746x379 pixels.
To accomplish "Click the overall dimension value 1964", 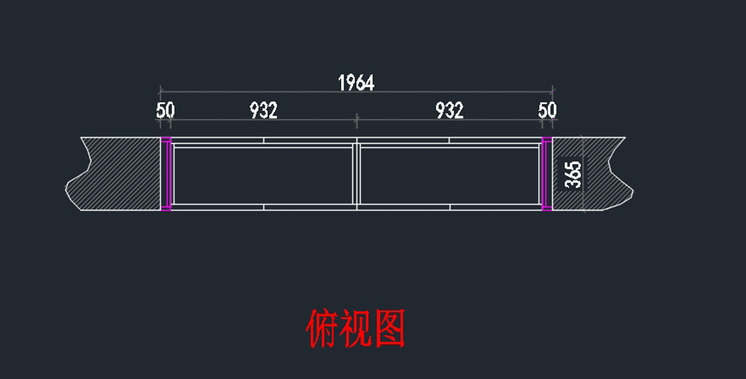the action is click(x=356, y=83).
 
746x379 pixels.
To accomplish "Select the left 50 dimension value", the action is click(x=165, y=111).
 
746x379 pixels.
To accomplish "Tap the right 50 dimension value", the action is click(x=547, y=111).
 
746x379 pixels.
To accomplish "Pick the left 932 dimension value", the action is click(x=264, y=111).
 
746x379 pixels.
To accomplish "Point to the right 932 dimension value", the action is click(x=449, y=111).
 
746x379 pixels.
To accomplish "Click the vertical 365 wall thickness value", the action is click(x=573, y=174).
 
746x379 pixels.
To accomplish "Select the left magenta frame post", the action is click(x=166, y=174).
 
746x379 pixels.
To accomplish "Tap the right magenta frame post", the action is click(x=547, y=174).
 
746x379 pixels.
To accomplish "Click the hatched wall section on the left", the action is click(x=118, y=174).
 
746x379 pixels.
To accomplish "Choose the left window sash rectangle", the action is click(x=264, y=175).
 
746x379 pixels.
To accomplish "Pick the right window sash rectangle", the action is click(x=449, y=175).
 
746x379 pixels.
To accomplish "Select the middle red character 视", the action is click(x=356, y=329).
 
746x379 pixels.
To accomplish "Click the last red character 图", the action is click(x=390, y=329).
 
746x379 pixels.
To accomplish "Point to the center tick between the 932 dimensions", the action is click(x=356, y=118).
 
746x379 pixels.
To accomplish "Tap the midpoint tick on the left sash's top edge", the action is click(x=264, y=140).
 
